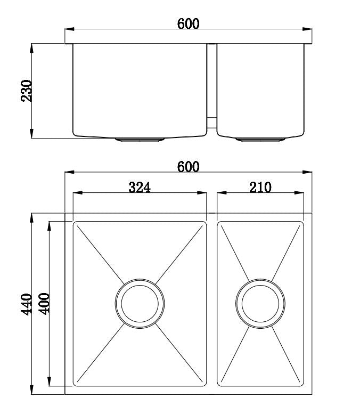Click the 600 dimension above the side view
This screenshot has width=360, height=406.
[x=188, y=23]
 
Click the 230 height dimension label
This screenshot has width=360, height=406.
[x=27, y=91]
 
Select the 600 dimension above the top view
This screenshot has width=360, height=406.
[x=188, y=166]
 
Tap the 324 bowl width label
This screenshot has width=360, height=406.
[x=140, y=187]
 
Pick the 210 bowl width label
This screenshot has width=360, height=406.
[x=260, y=187]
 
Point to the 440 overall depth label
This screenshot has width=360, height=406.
[x=27, y=303]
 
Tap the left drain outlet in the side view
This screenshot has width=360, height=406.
[x=140, y=140]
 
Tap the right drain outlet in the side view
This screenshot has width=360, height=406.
[x=260, y=140]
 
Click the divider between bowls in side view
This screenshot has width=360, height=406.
[x=211, y=85]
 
